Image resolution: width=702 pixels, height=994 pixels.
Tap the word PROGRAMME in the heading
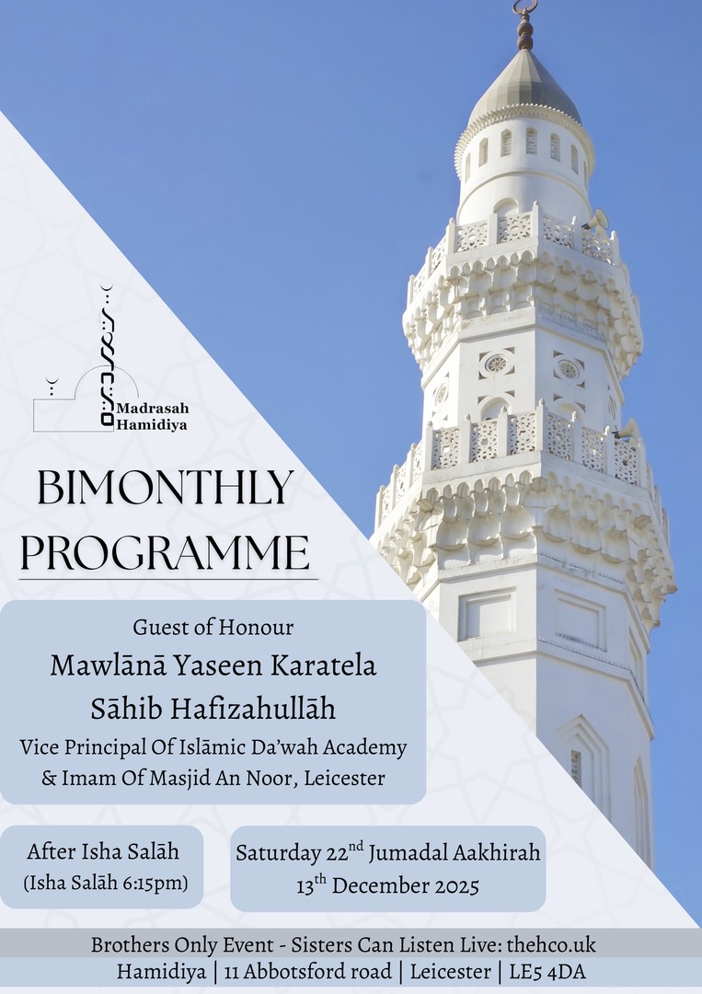pyautogui.click(x=166, y=552)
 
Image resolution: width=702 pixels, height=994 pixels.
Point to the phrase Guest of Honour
pyautogui.click(x=213, y=628)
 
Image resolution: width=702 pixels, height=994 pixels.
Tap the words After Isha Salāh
pyautogui.click(x=102, y=851)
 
